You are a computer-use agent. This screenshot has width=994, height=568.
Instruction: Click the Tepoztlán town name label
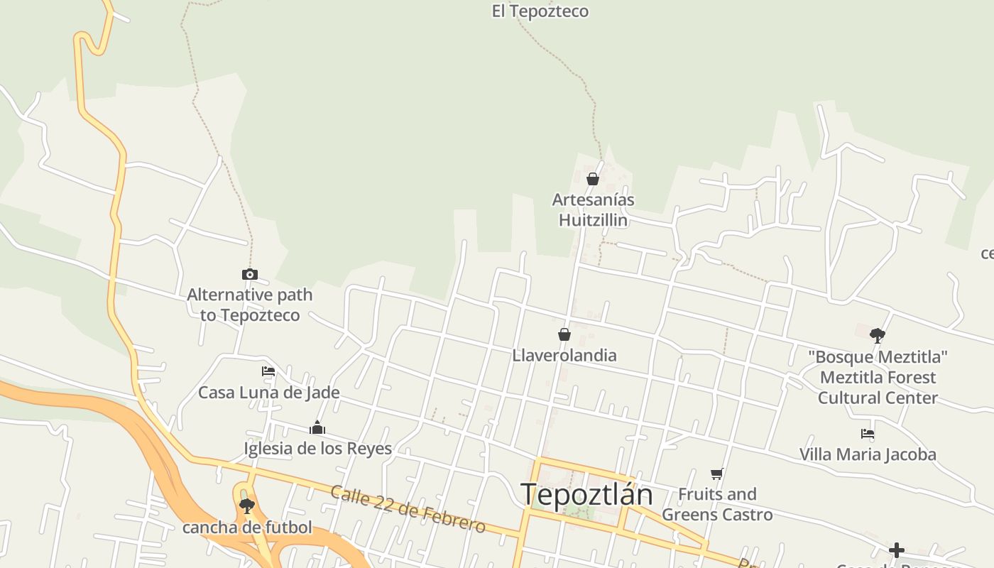pyautogui.click(x=586, y=495)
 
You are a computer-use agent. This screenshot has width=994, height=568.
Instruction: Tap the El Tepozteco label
pyautogui.click(x=540, y=11)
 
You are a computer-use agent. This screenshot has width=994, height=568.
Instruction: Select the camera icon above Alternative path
pyautogui.click(x=249, y=274)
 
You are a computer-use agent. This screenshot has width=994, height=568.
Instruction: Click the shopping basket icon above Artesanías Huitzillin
pyautogui.click(x=593, y=179)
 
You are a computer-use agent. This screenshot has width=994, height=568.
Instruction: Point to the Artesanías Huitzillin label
pyautogui.click(x=594, y=210)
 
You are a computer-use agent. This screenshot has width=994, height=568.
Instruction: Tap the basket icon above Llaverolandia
pyautogui.click(x=564, y=334)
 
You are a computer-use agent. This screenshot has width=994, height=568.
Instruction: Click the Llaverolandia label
pyautogui.click(x=564, y=355)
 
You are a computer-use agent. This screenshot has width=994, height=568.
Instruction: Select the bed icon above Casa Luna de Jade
pyautogui.click(x=268, y=371)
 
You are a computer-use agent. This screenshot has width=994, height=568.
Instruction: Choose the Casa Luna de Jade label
pyautogui.click(x=268, y=393)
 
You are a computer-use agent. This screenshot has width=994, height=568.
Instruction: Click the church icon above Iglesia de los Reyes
pyautogui.click(x=317, y=427)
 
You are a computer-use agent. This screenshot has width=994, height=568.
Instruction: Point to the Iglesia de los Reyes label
pyautogui.click(x=317, y=449)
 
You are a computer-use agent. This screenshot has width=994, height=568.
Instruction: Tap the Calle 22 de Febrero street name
pyautogui.click(x=408, y=509)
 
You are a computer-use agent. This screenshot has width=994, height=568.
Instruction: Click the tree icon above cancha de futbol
pyautogui.click(x=247, y=506)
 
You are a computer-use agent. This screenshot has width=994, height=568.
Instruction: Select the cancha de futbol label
pyautogui.click(x=247, y=528)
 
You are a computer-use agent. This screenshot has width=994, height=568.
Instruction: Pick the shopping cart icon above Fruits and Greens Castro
pyautogui.click(x=716, y=474)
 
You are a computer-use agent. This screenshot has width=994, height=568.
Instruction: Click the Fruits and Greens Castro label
pyautogui.click(x=717, y=504)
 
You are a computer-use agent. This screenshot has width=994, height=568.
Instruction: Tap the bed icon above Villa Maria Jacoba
pyautogui.click(x=867, y=433)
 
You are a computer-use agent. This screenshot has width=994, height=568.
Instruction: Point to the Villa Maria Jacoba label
pyautogui.click(x=868, y=454)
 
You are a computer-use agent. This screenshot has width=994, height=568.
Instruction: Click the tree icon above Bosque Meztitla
pyautogui.click(x=878, y=335)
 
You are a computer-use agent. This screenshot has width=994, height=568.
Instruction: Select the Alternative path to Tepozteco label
pyautogui.click(x=249, y=305)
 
